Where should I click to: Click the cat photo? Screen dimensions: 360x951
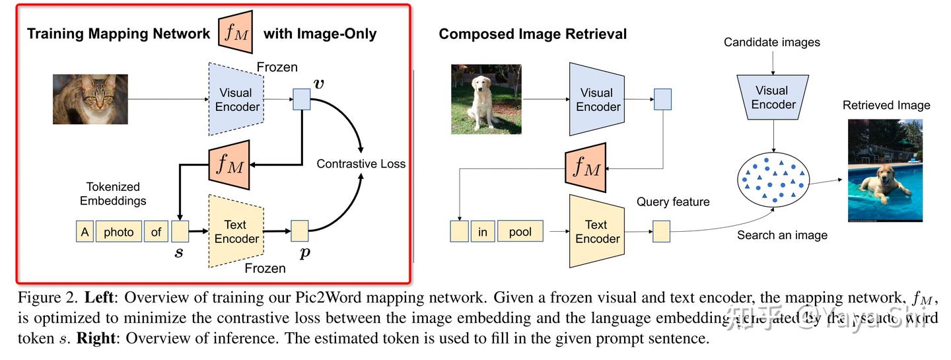click(90, 99)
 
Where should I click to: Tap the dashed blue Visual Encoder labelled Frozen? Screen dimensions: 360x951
click(236, 100)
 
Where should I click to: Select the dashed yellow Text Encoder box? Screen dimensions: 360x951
click(236, 232)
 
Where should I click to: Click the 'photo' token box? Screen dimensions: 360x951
click(119, 232)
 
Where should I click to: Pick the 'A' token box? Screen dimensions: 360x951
click(85, 232)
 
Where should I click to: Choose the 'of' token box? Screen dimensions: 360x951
click(156, 232)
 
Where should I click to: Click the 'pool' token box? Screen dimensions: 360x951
click(520, 232)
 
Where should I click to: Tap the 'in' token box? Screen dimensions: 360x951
click(483, 232)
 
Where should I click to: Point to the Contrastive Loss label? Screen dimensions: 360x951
click(361, 164)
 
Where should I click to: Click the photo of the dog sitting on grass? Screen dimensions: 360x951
click(486, 99)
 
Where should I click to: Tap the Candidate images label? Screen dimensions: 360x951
click(772, 42)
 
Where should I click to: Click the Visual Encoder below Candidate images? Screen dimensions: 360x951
click(772, 97)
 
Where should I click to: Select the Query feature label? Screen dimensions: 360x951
click(673, 202)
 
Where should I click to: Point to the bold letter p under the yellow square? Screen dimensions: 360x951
click(304, 252)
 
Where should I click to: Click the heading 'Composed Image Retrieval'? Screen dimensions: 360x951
click(532, 34)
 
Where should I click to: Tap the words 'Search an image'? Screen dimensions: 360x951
click(782, 234)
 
